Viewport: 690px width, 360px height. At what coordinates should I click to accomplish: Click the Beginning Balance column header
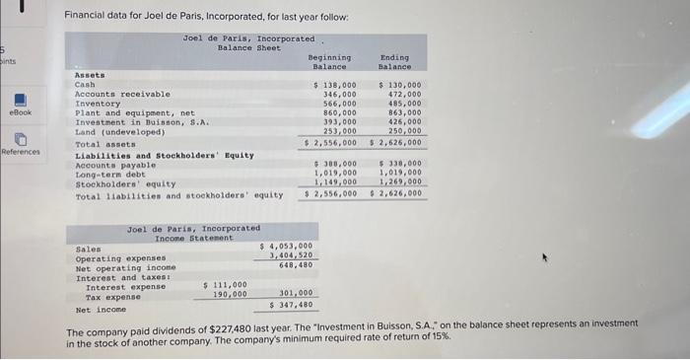click(329, 62)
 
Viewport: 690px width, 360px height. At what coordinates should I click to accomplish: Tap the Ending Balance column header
click(394, 62)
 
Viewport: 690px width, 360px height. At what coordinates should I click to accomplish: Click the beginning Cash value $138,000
click(334, 86)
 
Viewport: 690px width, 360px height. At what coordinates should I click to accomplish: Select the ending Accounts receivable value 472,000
click(401, 95)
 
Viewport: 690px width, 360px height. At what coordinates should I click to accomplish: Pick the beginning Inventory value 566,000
click(338, 104)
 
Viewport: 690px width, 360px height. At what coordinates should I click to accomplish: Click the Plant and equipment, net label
click(135, 112)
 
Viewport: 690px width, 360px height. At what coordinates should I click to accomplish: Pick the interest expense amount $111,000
click(225, 284)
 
